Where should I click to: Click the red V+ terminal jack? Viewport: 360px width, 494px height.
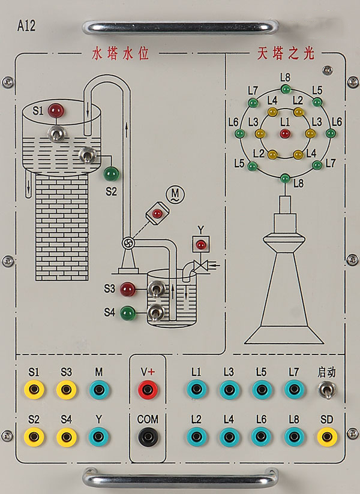click(x=148, y=390)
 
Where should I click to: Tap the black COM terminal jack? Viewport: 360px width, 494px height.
click(x=148, y=436)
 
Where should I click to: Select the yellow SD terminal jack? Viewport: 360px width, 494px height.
click(x=327, y=436)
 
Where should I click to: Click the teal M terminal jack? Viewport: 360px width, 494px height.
click(x=99, y=390)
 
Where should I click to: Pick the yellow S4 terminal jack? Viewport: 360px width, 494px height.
click(x=67, y=437)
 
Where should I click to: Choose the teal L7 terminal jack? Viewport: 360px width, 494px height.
click(x=294, y=390)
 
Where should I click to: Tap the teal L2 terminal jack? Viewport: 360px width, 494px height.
click(x=196, y=436)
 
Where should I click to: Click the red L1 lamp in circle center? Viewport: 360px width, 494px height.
click(x=285, y=134)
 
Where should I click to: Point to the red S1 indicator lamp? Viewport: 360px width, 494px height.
click(x=56, y=110)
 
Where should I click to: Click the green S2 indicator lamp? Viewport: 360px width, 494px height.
click(x=112, y=174)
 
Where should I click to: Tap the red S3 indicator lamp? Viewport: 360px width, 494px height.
click(x=128, y=289)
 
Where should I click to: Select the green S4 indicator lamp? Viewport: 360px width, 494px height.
click(x=128, y=313)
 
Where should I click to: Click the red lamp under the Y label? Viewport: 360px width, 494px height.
click(x=201, y=244)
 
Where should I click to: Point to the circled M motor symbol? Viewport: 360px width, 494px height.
click(x=175, y=194)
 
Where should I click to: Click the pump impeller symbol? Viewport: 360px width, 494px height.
click(x=128, y=243)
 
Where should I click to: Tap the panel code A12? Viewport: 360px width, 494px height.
click(x=26, y=26)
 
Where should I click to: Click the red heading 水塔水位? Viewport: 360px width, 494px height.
click(x=121, y=53)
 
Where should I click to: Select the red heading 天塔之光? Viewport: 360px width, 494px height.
click(x=286, y=53)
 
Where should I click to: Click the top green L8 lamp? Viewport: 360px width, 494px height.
click(x=286, y=89)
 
